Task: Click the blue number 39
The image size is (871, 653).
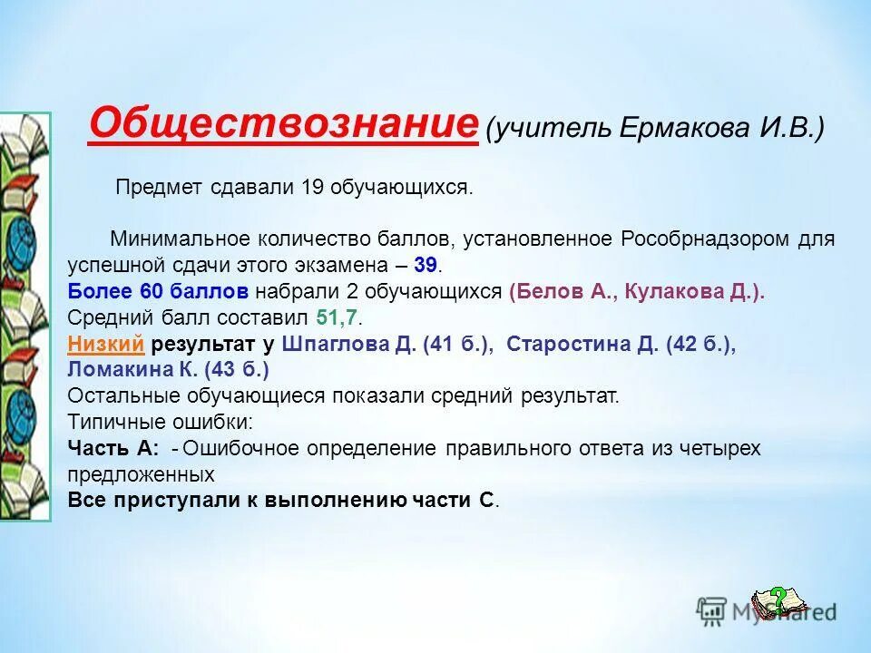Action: click(426, 265)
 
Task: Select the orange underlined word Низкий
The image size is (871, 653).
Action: click(106, 344)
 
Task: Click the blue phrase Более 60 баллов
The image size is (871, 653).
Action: click(158, 292)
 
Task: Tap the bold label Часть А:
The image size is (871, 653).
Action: click(113, 448)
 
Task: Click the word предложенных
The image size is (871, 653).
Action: click(141, 474)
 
